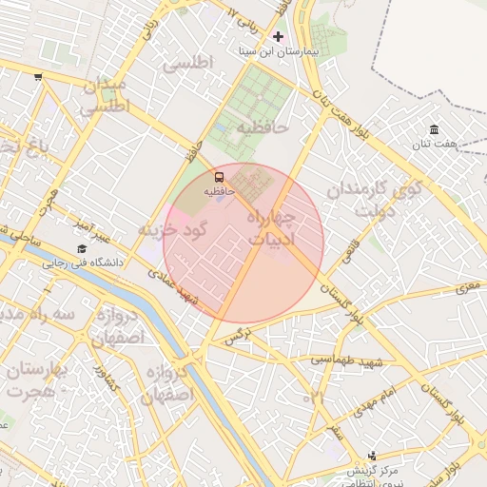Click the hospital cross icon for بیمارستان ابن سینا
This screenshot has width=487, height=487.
(278, 36)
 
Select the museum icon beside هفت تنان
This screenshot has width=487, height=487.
(435, 129)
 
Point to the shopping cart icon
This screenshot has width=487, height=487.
(37, 77)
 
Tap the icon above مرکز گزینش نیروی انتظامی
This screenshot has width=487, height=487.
(372, 456)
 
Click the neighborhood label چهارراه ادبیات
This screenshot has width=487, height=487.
(272, 229)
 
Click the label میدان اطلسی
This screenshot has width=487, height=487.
(103, 97)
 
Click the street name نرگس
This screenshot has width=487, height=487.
(237, 336)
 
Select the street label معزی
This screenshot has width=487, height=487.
(468, 284)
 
